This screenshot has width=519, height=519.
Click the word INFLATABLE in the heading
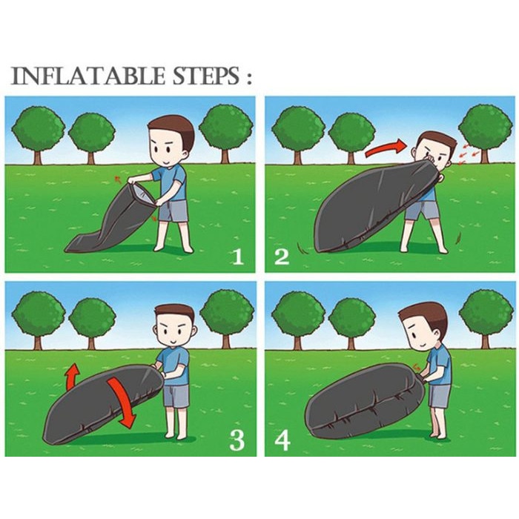coord(87,76)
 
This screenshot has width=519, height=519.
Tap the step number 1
coord(237,257)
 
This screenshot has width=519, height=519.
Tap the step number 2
coord(282,257)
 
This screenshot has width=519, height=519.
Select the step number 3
coord(237,440)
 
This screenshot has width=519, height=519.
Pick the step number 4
coord(282,440)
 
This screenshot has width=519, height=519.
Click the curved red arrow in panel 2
coord(386,148)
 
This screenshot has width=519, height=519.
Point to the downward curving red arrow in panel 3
coord(122,400)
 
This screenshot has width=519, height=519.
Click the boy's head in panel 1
coord(171,142)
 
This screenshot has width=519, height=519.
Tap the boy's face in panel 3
coord(174,331)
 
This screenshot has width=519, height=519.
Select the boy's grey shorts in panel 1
coord(173,211)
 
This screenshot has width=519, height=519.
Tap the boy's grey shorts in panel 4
coord(439,395)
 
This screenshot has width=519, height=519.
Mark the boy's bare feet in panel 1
coord(173,248)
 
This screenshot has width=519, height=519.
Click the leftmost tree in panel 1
coord(38,134)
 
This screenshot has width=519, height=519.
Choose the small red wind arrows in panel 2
coord(469,154)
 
